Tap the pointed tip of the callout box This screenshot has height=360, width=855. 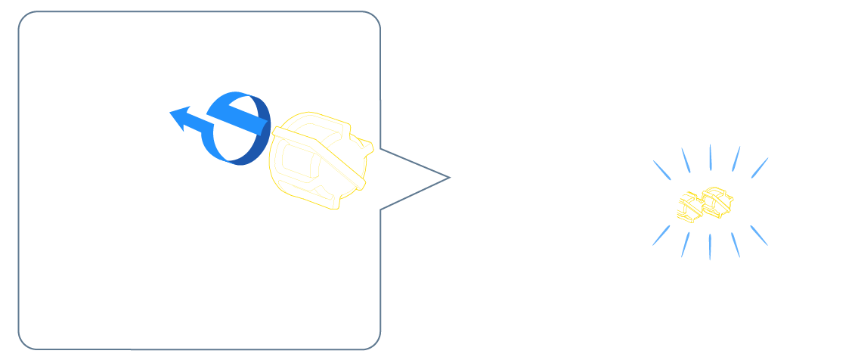(x=448, y=178)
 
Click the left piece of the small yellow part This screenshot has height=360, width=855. (x=689, y=208)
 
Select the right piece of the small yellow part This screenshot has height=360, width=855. (x=717, y=201)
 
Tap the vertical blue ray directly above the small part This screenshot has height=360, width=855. (x=710, y=157)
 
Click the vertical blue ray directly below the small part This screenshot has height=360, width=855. (x=710, y=247)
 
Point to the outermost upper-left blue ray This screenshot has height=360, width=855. (x=661, y=169)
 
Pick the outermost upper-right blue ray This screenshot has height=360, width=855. (x=759, y=168)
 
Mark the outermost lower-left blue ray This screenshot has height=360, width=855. (x=661, y=235)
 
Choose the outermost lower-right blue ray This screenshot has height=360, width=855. (x=758, y=235)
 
